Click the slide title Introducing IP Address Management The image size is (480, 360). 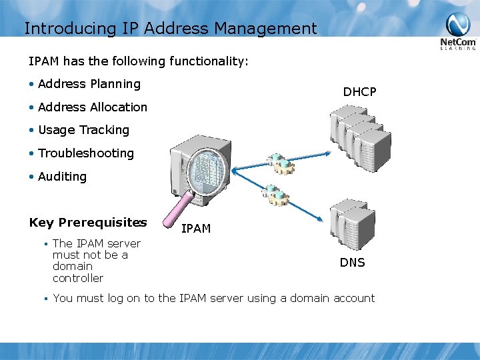pyautogui.click(x=170, y=29)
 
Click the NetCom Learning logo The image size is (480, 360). pyautogui.click(x=457, y=33)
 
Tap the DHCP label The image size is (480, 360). pyautogui.click(x=359, y=92)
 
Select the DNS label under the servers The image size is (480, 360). pyautogui.click(x=352, y=263)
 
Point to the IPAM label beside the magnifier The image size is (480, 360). pyautogui.click(x=196, y=229)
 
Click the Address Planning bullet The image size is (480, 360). pyautogui.click(x=89, y=84)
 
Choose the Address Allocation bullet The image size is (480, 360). pyautogui.click(x=93, y=107)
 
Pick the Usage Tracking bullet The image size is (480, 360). pyautogui.click(x=83, y=130)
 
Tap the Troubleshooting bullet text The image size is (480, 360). pyautogui.click(x=86, y=153)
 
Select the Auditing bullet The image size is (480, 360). pyautogui.click(x=62, y=177)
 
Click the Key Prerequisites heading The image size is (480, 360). pyautogui.click(x=88, y=223)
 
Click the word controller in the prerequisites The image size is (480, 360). pyautogui.click(x=78, y=278)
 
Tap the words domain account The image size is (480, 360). pyautogui.click(x=332, y=298)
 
